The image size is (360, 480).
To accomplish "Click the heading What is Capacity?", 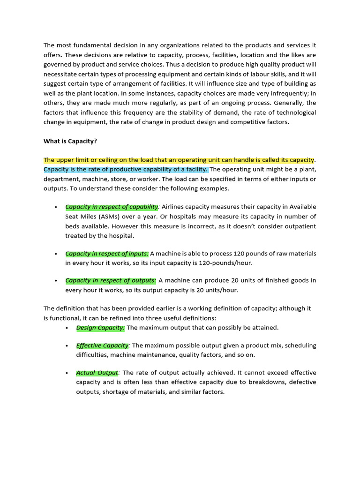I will click(x=70, y=141).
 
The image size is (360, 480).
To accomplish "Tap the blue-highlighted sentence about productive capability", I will click(x=126, y=169).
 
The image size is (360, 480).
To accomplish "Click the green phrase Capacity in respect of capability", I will click(x=112, y=207).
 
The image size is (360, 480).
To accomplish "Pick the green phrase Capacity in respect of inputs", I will click(x=106, y=254).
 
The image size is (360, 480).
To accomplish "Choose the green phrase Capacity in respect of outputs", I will click(x=110, y=280).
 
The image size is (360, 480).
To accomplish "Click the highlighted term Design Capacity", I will click(x=100, y=327).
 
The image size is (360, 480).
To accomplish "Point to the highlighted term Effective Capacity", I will click(x=102, y=345).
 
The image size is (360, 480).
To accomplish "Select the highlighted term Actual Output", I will click(x=97, y=373).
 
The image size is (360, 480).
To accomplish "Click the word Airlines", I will click(x=176, y=207).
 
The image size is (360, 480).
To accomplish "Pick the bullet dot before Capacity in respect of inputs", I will click(x=56, y=254).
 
